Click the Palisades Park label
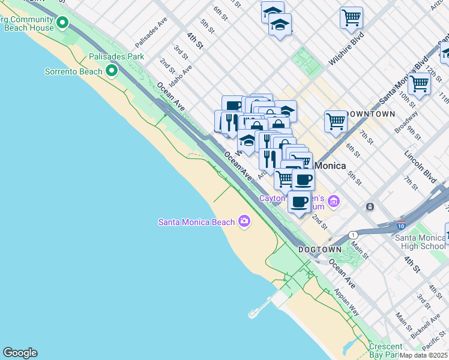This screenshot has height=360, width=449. [x=116, y=56]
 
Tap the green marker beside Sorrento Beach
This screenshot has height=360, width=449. [x=112, y=71]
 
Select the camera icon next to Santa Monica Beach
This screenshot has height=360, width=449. [x=244, y=221]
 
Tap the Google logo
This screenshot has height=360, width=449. [x=20, y=353]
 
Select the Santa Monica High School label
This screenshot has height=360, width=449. [x=420, y=242]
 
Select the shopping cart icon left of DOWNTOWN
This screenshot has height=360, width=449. [x=336, y=121]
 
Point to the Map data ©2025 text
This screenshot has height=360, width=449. [x=424, y=355]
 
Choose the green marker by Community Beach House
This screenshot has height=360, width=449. [x=62, y=23]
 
